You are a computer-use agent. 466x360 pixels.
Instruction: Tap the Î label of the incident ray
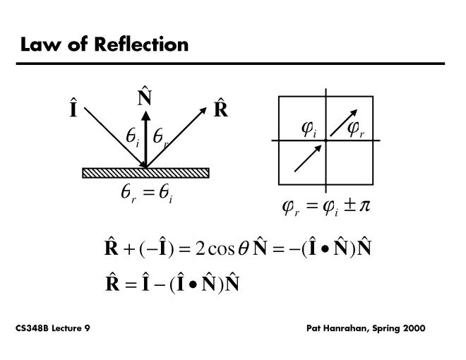(x=74, y=111)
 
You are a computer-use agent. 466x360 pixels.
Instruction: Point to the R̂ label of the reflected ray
(x=220, y=110)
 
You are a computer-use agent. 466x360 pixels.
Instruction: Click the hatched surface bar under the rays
(x=145, y=173)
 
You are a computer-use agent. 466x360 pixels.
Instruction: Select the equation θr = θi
(x=146, y=195)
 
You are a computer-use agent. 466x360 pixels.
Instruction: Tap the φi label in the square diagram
(x=309, y=128)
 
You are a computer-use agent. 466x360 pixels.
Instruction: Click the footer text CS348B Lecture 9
(x=52, y=329)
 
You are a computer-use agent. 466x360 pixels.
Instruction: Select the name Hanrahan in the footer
(x=351, y=329)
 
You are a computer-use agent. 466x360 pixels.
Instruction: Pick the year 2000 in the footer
(x=412, y=329)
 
